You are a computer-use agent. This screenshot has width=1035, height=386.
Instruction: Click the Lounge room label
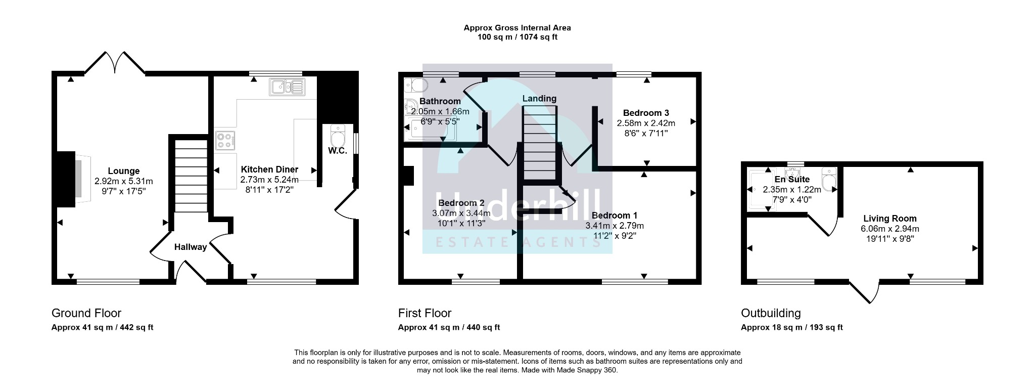coord(123,171)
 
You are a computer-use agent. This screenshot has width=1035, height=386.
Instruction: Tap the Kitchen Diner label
coord(269,169)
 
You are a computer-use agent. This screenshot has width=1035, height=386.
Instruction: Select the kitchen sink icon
coord(287,87)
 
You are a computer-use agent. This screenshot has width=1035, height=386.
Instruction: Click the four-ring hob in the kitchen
coord(226,141)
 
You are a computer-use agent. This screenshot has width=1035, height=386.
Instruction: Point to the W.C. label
coord(338,151)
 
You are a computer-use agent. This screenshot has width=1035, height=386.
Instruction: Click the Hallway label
coord(191,247)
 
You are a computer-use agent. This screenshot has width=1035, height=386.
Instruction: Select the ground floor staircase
coord(191,177)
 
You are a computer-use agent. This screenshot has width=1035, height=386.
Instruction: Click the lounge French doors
coord(115,62)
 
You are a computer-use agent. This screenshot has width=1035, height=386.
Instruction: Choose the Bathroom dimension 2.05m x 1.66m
coord(440,112)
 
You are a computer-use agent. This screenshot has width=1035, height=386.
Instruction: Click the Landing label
coord(539,99)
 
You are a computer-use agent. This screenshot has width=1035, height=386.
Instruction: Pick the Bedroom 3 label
coord(646,113)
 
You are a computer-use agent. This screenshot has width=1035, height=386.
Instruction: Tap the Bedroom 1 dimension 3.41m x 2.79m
coord(615,226)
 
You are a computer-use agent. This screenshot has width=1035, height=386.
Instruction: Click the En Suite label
coord(792,179)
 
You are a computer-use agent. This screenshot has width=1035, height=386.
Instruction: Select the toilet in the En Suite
coord(829,179)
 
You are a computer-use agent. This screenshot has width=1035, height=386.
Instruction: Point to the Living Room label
coord(889,219)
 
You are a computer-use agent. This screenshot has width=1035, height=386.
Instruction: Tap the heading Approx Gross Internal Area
coord(517,28)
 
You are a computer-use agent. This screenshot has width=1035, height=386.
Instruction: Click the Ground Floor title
coord(86,313)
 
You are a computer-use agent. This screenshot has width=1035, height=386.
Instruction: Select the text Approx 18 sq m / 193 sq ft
coord(792,327)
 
